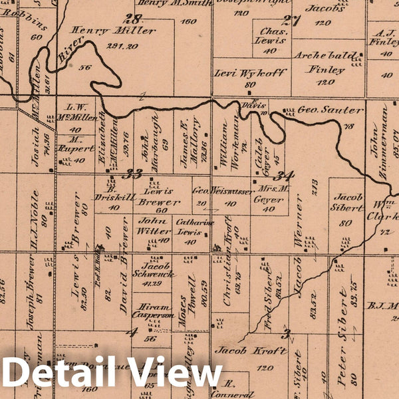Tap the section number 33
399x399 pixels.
pos(134,174)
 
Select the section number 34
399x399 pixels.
pos(285,176)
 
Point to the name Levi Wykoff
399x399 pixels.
pos(250,72)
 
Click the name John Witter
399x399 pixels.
pos(154,225)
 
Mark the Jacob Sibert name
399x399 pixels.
pos(348,203)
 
